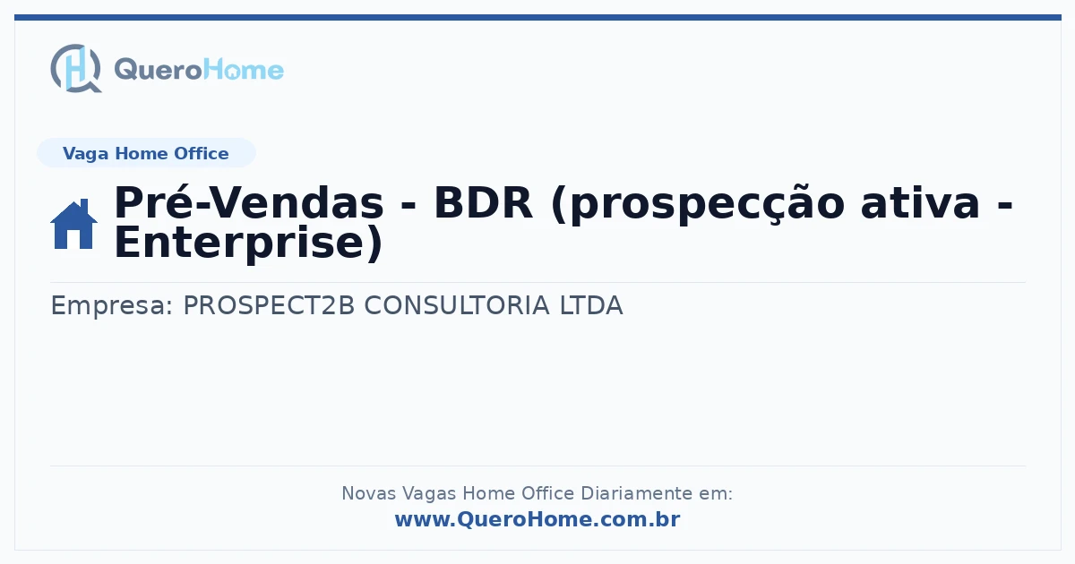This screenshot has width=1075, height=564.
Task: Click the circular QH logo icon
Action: (76, 68)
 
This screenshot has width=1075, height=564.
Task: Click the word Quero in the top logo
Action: (159, 71)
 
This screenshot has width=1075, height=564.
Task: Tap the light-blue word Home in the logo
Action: (244, 70)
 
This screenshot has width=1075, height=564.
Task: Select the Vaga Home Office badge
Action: (146, 153)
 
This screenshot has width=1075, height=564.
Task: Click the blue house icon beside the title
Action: (73, 224)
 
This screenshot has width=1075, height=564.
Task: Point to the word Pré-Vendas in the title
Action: (249, 202)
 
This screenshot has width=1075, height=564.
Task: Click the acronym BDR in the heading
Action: (483, 203)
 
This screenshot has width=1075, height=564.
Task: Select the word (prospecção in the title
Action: (698, 205)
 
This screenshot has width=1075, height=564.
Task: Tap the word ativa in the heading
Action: (920, 204)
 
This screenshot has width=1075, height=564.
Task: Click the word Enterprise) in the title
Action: (249, 244)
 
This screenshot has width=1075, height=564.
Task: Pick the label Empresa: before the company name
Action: (112, 306)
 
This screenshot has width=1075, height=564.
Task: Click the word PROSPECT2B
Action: (269, 305)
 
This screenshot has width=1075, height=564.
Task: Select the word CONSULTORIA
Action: (457, 305)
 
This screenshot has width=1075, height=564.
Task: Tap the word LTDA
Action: (591, 305)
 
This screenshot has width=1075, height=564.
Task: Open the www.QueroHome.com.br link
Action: (537, 519)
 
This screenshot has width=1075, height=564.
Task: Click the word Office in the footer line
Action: (547, 493)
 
